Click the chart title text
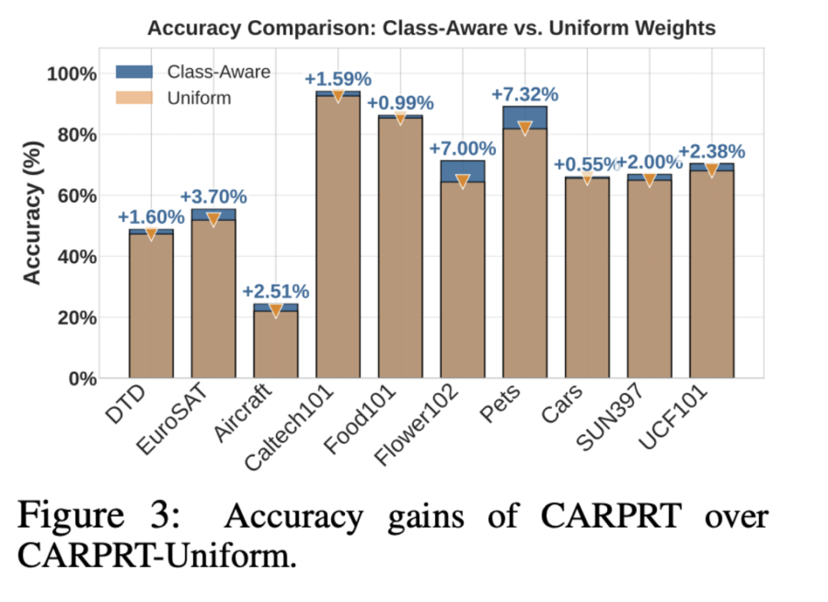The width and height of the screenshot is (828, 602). [432, 28]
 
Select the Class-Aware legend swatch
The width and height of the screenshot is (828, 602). [134, 72]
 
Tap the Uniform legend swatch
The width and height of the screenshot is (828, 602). [134, 97]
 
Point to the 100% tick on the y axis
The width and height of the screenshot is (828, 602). [72, 74]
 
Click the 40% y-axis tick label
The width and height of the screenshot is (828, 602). [77, 257]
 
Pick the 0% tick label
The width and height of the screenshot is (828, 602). [83, 379]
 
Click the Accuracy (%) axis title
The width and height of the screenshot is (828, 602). [32, 213]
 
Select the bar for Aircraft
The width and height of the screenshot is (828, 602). [276, 341]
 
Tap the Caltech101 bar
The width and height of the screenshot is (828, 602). [338, 235]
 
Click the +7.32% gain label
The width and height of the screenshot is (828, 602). [525, 94]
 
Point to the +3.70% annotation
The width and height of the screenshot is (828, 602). [213, 197]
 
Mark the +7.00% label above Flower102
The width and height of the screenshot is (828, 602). [462, 149]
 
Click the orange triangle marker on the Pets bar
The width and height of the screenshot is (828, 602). [525, 128]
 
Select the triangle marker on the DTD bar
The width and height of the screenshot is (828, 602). [151, 234]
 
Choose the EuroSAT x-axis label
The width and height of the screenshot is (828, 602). [172, 419]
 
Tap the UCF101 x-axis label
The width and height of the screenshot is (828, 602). [672, 418]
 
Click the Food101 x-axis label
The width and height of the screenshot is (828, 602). [360, 419]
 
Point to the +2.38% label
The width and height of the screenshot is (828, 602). [711, 152]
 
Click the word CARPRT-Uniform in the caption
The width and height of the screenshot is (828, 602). [157, 556]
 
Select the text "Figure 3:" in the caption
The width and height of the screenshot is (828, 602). [99, 515]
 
